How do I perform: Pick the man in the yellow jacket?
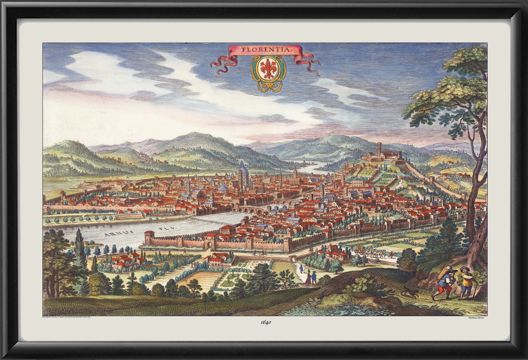(x=467, y=283)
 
